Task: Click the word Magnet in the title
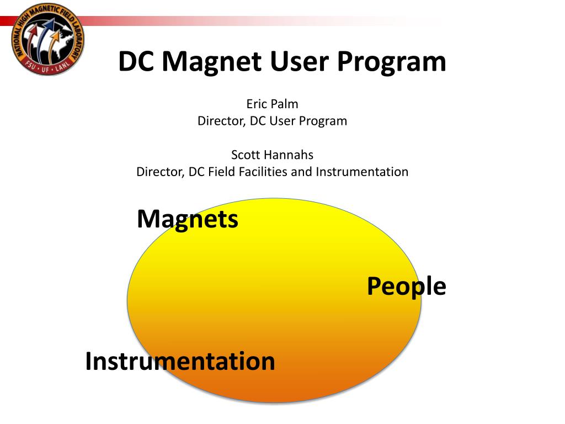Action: pyautogui.click(x=211, y=62)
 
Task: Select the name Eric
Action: pyautogui.click(x=257, y=104)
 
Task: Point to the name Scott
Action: pyautogui.click(x=246, y=155)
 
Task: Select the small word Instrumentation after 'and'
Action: pyautogui.click(x=362, y=172)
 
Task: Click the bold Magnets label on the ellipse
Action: pyautogui.click(x=188, y=220)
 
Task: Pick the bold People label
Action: pyautogui.click(x=407, y=287)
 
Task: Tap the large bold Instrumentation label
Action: pyautogui.click(x=180, y=361)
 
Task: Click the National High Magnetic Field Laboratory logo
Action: pyautogui.click(x=47, y=39)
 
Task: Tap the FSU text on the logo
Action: pyautogui.click(x=31, y=65)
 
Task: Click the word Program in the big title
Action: pyautogui.click(x=392, y=62)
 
